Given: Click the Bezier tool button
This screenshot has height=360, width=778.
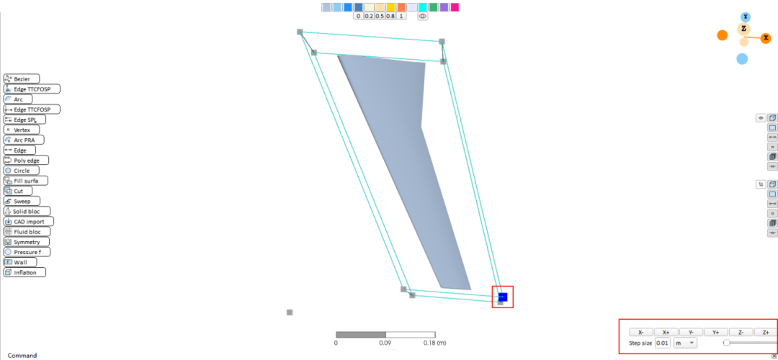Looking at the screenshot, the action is [x=22, y=78].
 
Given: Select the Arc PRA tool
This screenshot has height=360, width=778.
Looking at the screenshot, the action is [x=23, y=140].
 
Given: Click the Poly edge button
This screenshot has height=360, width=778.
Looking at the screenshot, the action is [x=26, y=160].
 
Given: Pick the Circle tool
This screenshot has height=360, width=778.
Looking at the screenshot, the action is [x=20, y=171].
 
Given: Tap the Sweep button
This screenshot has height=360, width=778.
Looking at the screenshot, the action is [x=20, y=202].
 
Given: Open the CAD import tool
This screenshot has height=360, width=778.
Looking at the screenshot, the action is [x=28, y=221].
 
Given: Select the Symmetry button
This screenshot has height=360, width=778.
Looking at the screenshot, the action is [x=27, y=242].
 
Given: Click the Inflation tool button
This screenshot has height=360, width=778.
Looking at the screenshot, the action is [x=24, y=272].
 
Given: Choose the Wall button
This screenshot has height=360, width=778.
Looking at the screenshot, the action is [x=20, y=262].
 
